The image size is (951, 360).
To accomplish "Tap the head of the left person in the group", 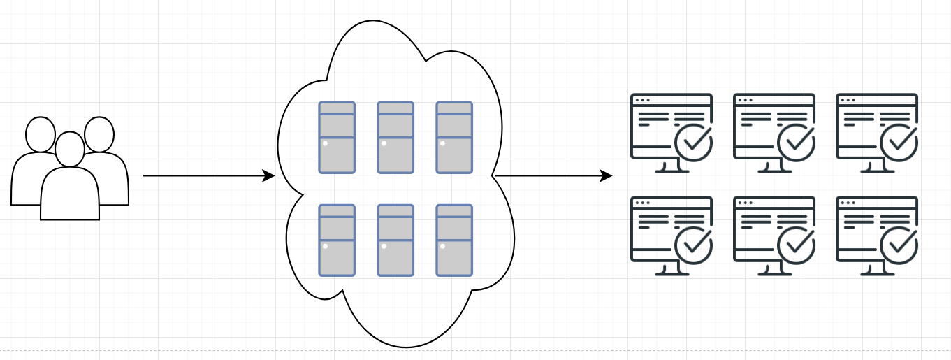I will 40,134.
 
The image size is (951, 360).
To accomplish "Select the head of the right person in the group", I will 99,134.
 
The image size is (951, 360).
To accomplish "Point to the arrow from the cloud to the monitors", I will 552,176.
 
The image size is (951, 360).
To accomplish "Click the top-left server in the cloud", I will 337,137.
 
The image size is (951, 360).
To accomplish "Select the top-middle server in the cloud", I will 395,137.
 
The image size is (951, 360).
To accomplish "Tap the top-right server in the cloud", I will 454,137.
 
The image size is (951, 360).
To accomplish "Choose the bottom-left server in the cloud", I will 337,240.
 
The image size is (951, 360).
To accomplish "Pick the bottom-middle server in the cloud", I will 395,240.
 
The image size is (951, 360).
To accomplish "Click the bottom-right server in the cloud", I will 454,240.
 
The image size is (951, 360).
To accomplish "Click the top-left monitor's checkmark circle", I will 693,143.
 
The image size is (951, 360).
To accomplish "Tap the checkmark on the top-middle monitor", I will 796,143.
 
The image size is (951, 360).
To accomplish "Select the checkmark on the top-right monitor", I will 899,143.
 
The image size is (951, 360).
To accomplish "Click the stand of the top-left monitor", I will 671,167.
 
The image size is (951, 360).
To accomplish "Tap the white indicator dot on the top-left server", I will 326,143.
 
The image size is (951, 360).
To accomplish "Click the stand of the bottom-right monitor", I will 877,270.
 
